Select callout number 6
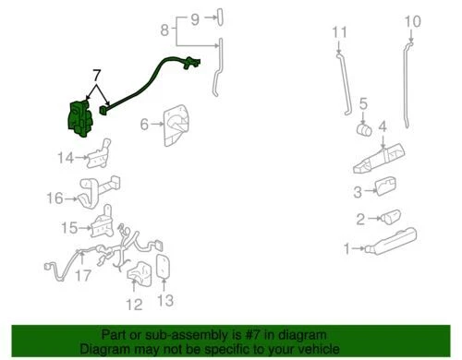[145, 124]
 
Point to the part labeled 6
[177, 125]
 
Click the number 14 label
[64, 159]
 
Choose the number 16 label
[55, 197]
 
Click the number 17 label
[83, 274]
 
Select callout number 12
[134, 304]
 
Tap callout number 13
[165, 301]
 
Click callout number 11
[339, 34]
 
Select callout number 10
[412, 21]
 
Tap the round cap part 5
[364, 128]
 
